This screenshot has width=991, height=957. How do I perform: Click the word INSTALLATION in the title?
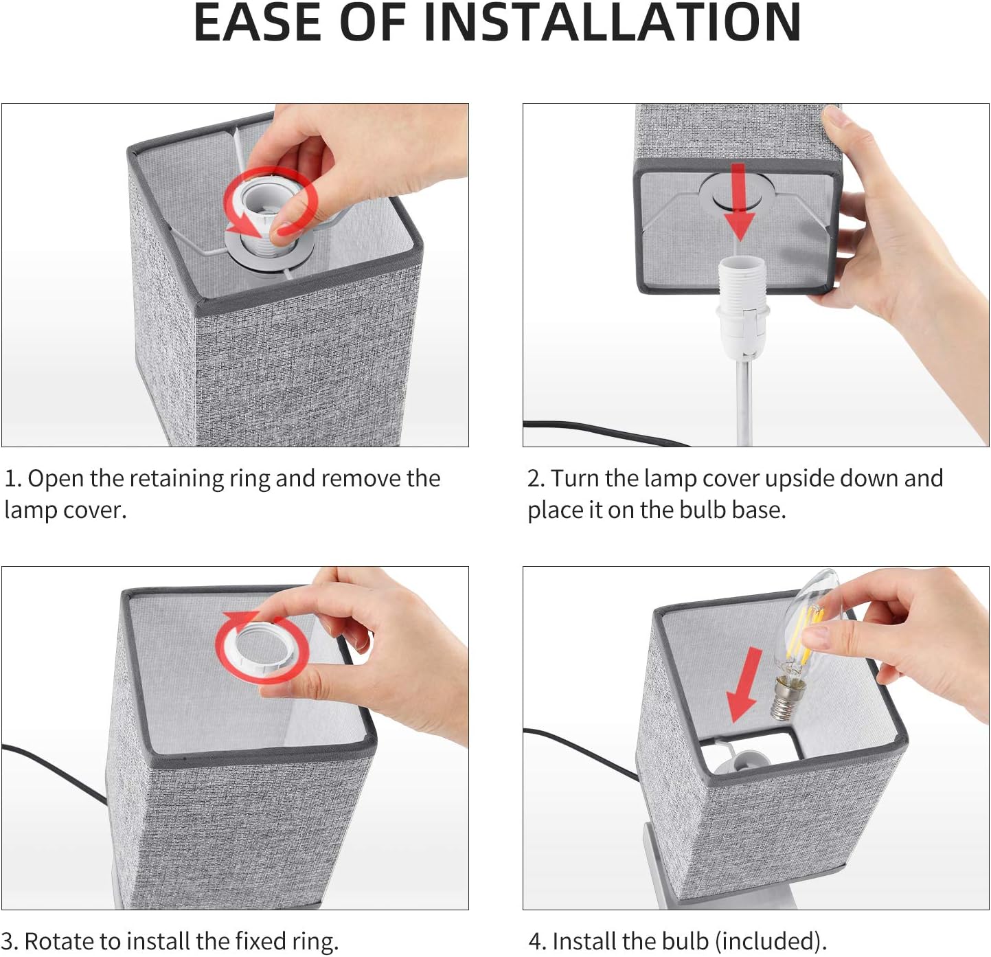click(x=612, y=23)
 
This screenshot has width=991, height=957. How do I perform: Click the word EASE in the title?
click(x=257, y=23)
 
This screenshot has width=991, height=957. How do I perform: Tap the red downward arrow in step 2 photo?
click(x=740, y=202)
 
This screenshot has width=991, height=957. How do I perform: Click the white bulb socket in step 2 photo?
click(x=741, y=305)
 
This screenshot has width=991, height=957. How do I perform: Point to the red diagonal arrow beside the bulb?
click(x=744, y=685)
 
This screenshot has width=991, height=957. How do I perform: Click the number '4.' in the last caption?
click(x=537, y=941)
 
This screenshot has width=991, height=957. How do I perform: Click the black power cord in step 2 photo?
click(x=606, y=432)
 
